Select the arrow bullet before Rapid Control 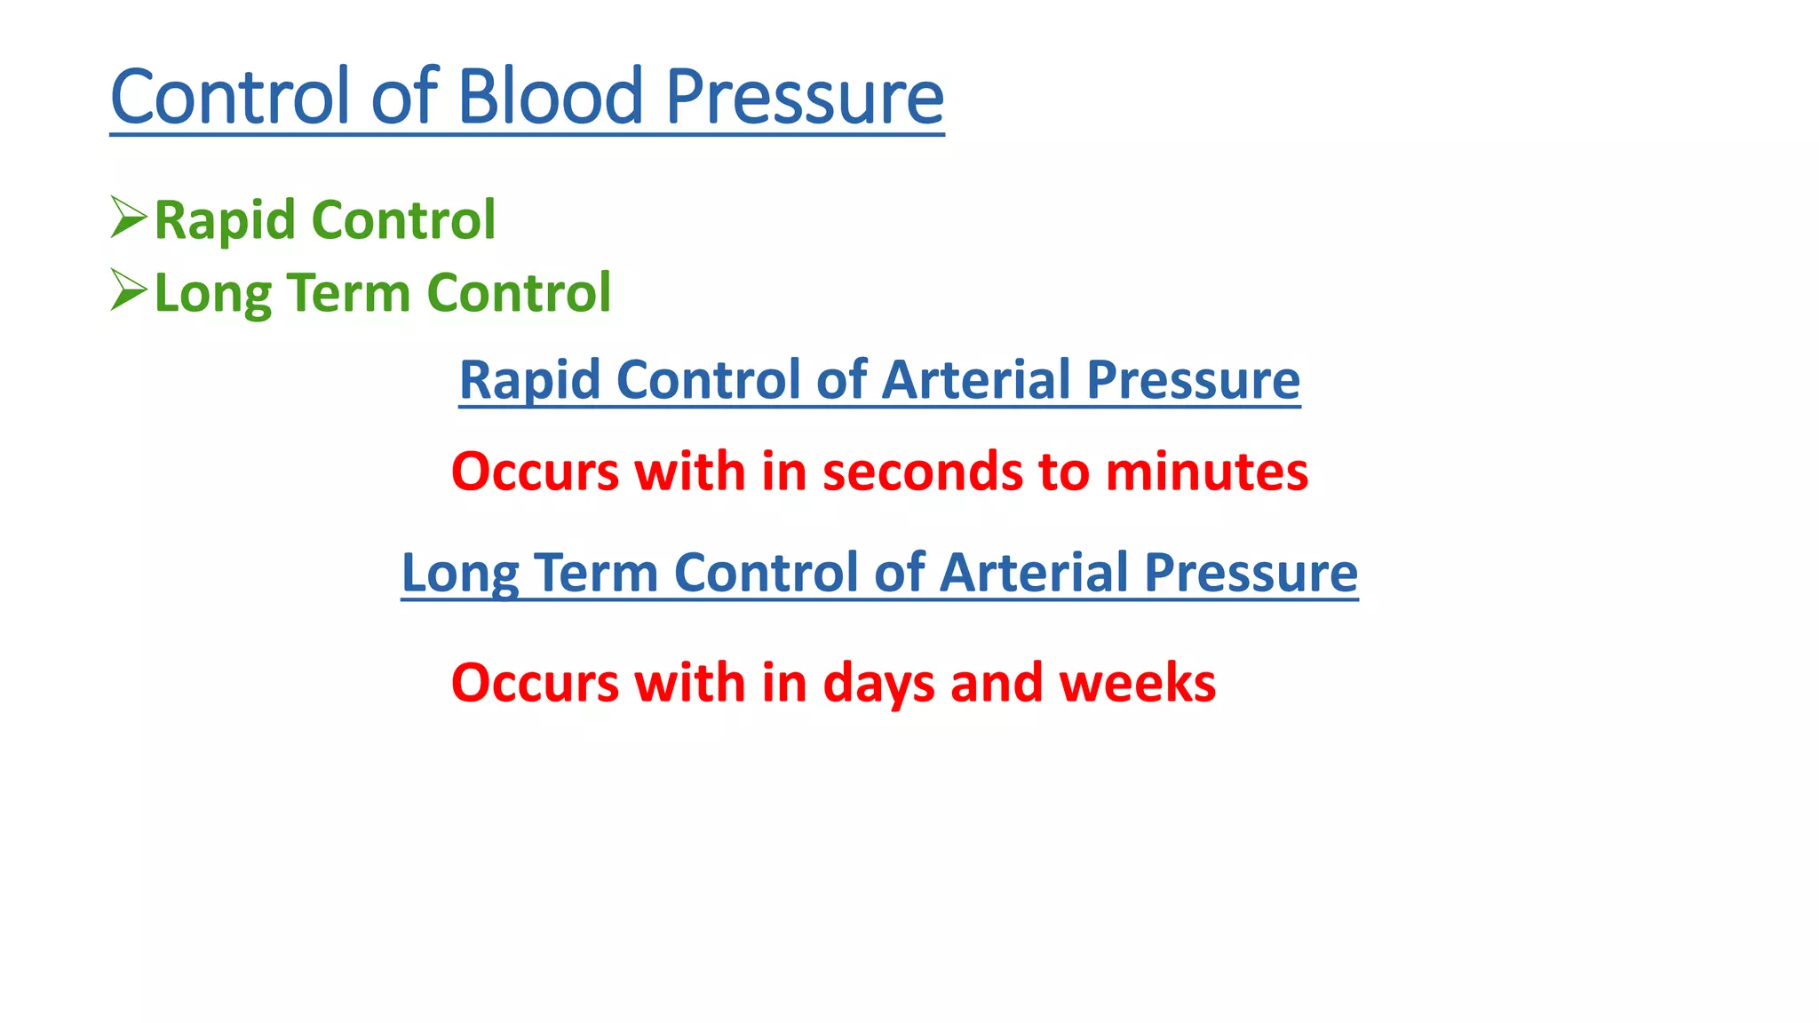click(128, 218)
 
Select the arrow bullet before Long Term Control click(128, 290)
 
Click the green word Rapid click(225, 220)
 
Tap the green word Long click(212, 294)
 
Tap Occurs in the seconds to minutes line click(535, 471)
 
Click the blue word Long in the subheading click(459, 573)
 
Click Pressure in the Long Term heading click(1251, 572)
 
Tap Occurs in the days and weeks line click(535, 683)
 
